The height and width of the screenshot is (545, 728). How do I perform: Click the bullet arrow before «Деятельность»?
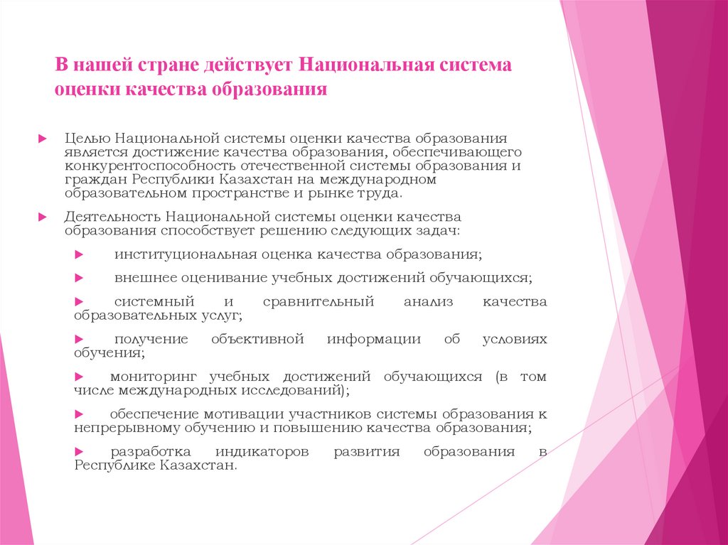click(x=43, y=216)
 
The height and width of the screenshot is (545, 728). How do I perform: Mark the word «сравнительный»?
click(x=318, y=301)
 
